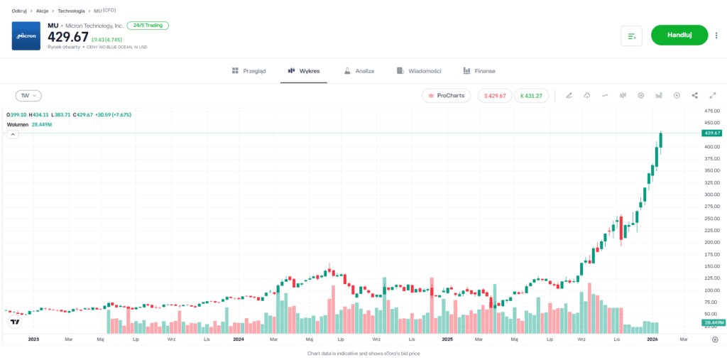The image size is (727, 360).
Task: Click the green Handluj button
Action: pyautogui.click(x=679, y=35)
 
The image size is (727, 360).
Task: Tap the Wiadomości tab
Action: pyautogui.click(x=420, y=71)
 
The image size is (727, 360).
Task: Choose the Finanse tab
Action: pyautogui.click(x=479, y=71)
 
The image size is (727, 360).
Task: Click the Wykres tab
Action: pyautogui.click(x=303, y=71)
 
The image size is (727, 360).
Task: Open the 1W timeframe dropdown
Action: pyautogui.click(x=29, y=95)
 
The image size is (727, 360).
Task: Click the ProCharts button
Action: pyautogui.click(x=446, y=95)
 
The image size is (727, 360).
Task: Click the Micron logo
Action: pyautogui.click(x=26, y=36)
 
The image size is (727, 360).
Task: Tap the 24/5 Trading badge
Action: pyautogui.click(x=148, y=26)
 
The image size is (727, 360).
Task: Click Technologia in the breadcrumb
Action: pyautogui.click(x=71, y=11)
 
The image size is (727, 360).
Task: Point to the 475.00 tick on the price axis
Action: pyautogui.click(x=711, y=111)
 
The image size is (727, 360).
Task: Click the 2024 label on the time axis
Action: pyautogui.click(x=239, y=339)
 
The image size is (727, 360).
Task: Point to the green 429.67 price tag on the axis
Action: pyautogui.click(x=711, y=133)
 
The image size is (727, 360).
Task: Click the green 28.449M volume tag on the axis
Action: pyautogui.click(x=711, y=322)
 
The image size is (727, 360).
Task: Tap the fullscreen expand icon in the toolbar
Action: pyautogui.click(x=712, y=95)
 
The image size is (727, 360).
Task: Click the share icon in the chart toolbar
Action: pyautogui.click(x=694, y=95)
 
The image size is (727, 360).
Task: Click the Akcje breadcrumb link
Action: pyautogui.click(x=42, y=11)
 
